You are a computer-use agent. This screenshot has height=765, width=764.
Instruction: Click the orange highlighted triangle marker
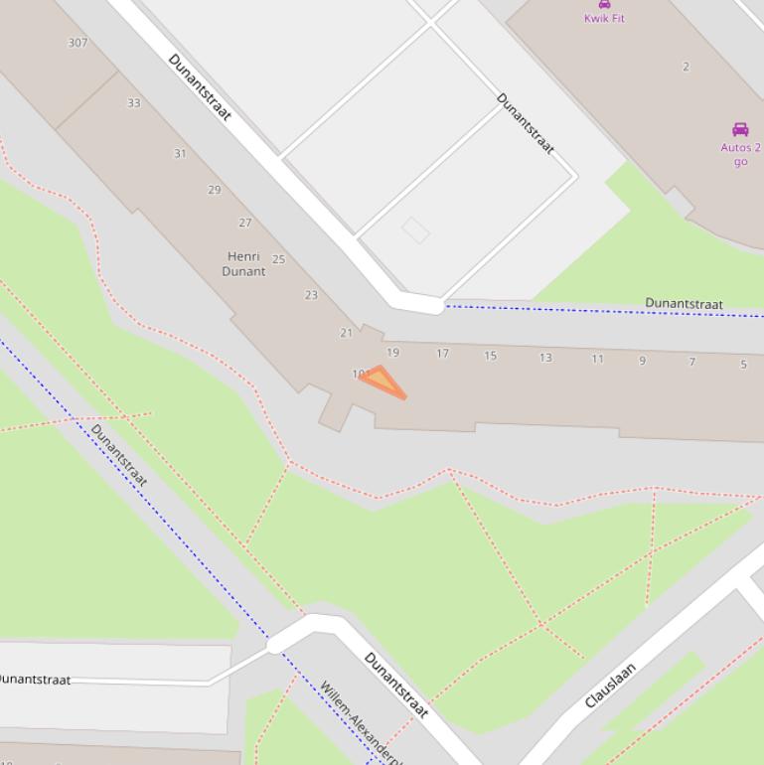(382, 382)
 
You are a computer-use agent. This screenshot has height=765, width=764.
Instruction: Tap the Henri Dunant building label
(243, 263)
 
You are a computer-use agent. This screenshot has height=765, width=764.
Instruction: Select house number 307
(77, 43)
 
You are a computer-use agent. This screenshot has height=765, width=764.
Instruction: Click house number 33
(134, 102)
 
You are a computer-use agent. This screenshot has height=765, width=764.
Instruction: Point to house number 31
(180, 154)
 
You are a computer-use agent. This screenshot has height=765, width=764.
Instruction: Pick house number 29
(214, 190)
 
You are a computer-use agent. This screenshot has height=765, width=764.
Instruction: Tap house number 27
(244, 223)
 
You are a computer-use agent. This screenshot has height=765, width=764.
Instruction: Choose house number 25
(278, 259)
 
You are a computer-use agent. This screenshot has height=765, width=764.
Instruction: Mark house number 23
(311, 295)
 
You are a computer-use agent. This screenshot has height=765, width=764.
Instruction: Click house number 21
(346, 333)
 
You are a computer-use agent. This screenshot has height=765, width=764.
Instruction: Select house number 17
(442, 353)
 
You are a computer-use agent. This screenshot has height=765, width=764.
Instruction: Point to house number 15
(490, 356)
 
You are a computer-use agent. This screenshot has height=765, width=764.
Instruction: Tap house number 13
(545, 358)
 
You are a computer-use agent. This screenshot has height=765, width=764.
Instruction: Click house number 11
(597, 359)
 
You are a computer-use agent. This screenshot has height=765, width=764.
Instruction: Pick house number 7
(692, 362)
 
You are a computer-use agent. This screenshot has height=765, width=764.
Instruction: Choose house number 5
(743, 365)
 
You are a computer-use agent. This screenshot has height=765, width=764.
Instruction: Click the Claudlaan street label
(610, 686)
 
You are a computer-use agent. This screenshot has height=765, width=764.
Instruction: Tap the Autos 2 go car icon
(740, 130)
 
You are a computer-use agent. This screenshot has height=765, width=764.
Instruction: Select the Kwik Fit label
(604, 18)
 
